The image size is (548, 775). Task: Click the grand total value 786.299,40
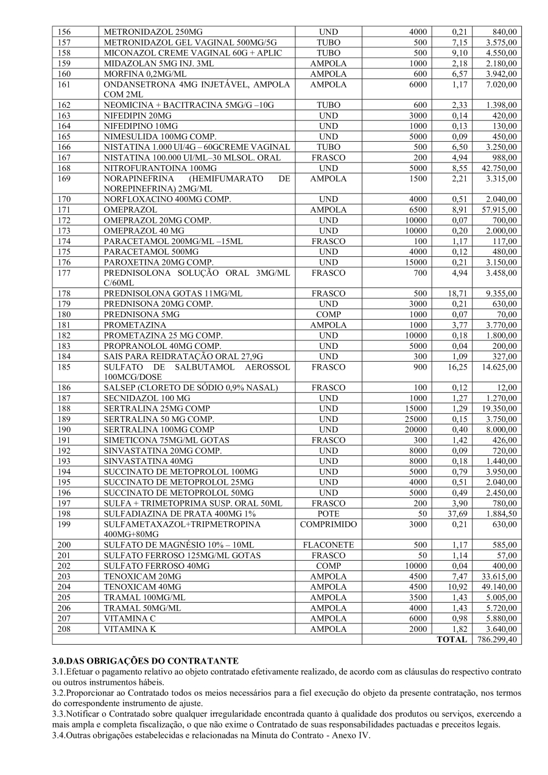coord(496,639)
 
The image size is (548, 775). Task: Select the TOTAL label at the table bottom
coord(452,639)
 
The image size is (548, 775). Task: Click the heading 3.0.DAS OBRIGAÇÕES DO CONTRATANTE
coord(146,661)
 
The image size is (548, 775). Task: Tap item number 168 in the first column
coord(65,168)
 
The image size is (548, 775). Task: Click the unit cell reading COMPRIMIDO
coord(328,524)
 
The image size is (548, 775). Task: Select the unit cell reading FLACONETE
coord(328,545)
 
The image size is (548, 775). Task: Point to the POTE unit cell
coord(328,514)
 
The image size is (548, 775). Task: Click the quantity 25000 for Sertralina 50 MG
coord(414,419)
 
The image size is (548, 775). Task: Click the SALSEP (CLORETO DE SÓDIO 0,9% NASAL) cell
coord(191,388)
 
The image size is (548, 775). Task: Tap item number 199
coord(65,524)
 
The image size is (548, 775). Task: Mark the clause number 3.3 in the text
coord(58,714)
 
